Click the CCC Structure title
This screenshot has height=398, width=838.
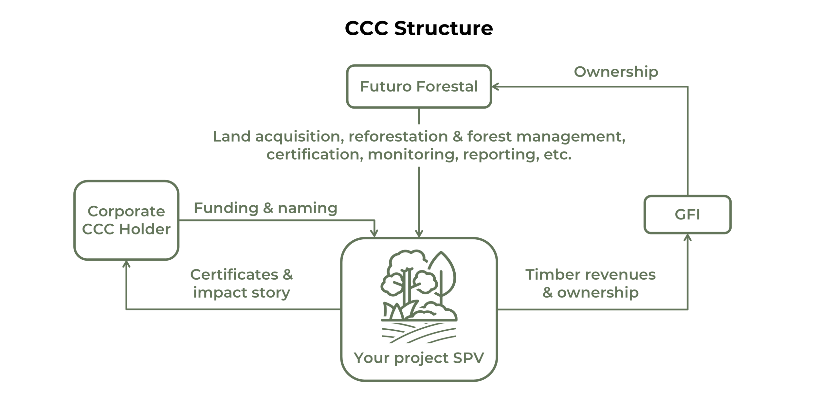tap(419, 28)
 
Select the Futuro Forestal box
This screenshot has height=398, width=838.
tap(419, 86)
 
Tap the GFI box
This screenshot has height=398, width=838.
tap(687, 215)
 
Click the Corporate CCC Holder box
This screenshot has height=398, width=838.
tap(126, 220)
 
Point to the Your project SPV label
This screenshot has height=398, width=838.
tap(419, 357)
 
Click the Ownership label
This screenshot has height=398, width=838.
tap(616, 72)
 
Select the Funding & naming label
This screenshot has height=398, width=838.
tap(265, 208)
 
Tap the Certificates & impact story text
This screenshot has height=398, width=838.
tap(242, 283)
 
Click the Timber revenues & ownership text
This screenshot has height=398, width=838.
tap(591, 283)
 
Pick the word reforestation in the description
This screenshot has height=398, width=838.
tap(398, 136)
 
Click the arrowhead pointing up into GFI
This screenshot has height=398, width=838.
tap(688, 237)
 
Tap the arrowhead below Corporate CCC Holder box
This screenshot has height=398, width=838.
tap(126, 264)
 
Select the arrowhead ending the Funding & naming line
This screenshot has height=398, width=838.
tap(374, 234)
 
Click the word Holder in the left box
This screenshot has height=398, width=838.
tap(145, 229)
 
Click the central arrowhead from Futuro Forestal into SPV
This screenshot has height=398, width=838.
tap(419, 234)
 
